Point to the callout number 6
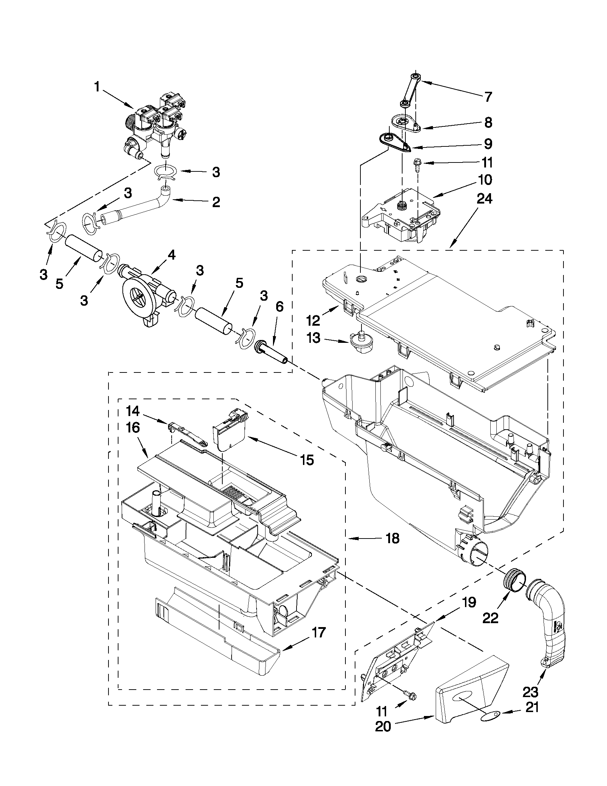click(x=279, y=306)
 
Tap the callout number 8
click(x=488, y=123)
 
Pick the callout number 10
click(x=485, y=180)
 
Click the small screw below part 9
click(x=417, y=165)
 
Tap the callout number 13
click(x=314, y=338)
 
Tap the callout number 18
click(x=392, y=549)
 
